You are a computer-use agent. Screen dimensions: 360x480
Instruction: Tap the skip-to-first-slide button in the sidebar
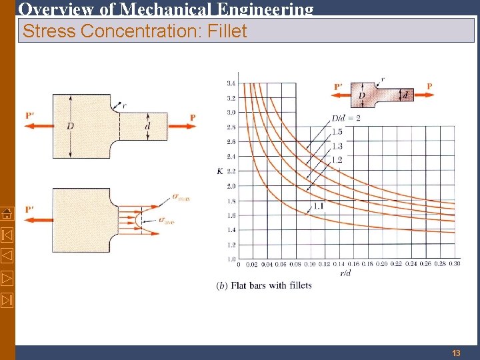click(x=6, y=234)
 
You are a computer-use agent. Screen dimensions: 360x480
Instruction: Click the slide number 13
click(x=456, y=353)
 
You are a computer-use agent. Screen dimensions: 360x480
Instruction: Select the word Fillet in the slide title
click(x=224, y=31)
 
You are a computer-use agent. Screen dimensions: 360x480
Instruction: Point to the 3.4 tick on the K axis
click(x=230, y=83)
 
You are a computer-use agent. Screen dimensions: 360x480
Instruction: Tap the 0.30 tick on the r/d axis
click(x=454, y=265)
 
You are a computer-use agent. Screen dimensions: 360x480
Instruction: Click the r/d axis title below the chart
click(x=345, y=273)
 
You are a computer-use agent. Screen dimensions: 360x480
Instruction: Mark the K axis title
click(x=219, y=171)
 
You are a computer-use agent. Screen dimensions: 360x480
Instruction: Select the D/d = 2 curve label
click(x=346, y=118)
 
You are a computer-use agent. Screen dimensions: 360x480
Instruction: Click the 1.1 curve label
click(x=319, y=207)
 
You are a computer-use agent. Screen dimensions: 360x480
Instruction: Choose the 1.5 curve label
click(x=337, y=132)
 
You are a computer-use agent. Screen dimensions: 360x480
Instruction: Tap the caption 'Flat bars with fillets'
click(x=270, y=285)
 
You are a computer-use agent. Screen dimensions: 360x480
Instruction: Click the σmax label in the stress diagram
click(x=181, y=197)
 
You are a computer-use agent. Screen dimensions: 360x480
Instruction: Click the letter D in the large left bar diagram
click(x=70, y=126)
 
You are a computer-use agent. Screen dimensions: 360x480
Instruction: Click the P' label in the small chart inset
click(x=339, y=86)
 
